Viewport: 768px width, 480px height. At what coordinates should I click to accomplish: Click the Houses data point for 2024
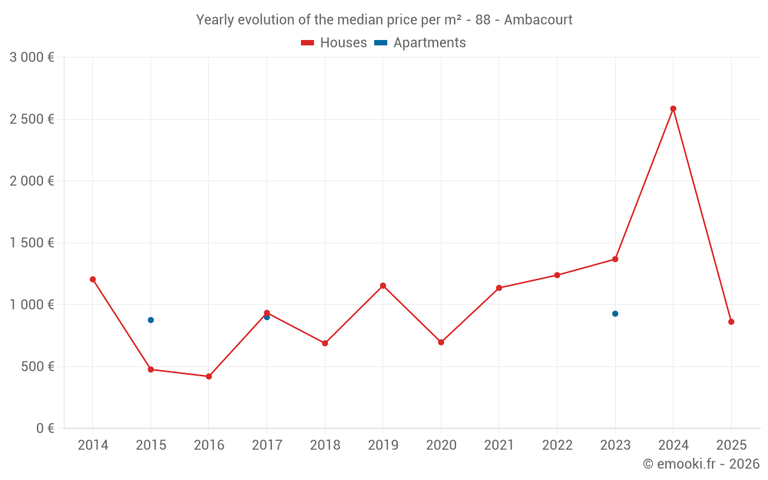tap(673, 108)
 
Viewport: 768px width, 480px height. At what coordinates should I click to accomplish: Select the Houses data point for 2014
tap(93, 280)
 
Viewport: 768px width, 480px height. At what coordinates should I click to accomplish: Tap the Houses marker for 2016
tap(209, 376)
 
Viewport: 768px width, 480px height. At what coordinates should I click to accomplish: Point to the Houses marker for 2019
tap(382, 286)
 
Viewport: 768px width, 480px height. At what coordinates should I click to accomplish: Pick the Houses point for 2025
tap(731, 322)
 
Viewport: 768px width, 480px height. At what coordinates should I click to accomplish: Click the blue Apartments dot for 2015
tap(151, 319)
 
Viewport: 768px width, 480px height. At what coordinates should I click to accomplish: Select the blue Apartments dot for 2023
tap(615, 313)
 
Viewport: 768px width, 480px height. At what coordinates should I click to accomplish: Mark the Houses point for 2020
tap(441, 343)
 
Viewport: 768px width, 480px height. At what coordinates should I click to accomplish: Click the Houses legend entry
tap(334, 43)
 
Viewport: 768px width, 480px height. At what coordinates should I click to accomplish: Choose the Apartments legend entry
tap(420, 43)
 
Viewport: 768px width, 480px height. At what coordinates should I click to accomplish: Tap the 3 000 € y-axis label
tap(31, 58)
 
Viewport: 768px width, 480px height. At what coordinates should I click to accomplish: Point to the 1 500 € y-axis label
tap(31, 243)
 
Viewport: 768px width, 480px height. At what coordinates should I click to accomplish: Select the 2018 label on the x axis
tap(325, 445)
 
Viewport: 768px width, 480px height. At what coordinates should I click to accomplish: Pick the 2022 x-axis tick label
tap(557, 445)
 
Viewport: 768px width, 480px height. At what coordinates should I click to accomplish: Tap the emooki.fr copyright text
tap(700, 464)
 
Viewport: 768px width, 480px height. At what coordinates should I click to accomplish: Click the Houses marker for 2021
tap(499, 288)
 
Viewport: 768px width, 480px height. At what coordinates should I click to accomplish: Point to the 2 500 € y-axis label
tap(31, 119)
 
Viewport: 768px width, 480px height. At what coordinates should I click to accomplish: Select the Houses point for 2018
tap(325, 343)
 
